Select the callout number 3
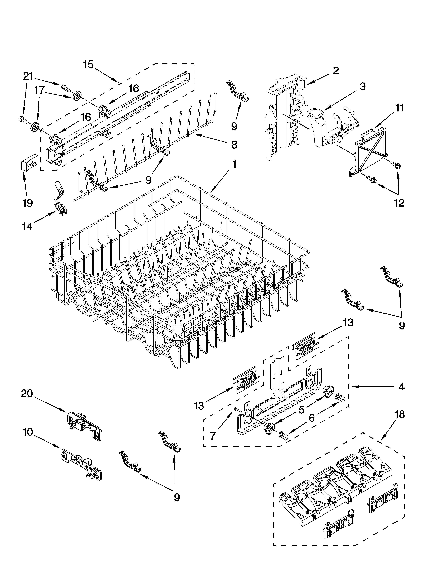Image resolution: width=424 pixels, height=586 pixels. click(363, 87)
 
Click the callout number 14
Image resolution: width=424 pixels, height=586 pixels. click(27, 227)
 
